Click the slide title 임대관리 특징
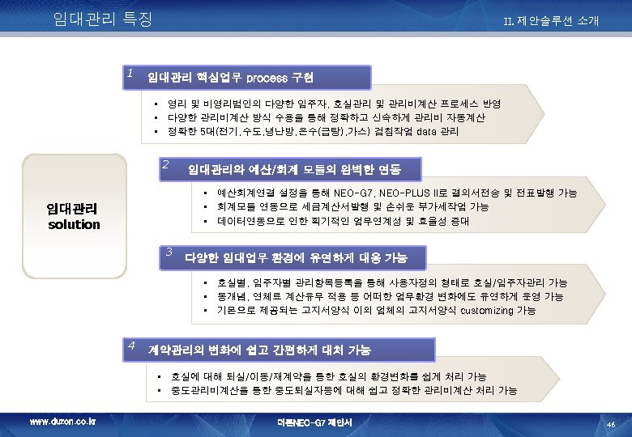(x=102, y=18)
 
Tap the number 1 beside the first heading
(x=130, y=73)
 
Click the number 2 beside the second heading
(x=164, y=164)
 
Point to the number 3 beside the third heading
(x=169, y=251)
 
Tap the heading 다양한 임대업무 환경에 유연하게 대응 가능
(x=296, y=258)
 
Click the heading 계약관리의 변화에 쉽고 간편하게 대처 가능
(x=258, y=350)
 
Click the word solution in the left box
(x=74, y=224)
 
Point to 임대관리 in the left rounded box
(x=74, y=209)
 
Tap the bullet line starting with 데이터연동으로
(x=342, y=220)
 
